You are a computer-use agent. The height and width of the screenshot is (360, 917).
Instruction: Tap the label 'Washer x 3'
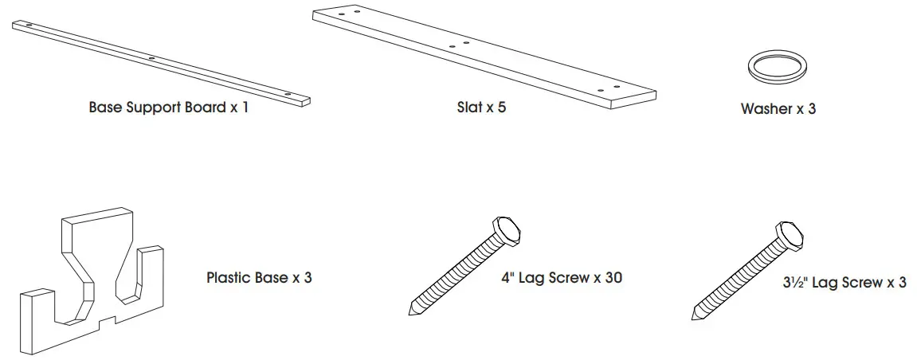pos(778,109)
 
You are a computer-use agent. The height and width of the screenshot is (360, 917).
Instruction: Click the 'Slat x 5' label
pos(476,107)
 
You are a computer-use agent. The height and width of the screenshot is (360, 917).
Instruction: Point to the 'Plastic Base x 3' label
pos(258,278)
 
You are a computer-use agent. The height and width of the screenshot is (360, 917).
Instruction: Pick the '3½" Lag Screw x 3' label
pos(844,282)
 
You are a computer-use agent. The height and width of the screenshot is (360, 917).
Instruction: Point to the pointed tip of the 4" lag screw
pos(411,312)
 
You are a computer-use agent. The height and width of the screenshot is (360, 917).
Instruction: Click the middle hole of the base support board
pos(151,58)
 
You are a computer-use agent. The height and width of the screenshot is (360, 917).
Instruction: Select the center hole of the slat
pos(452,47)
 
